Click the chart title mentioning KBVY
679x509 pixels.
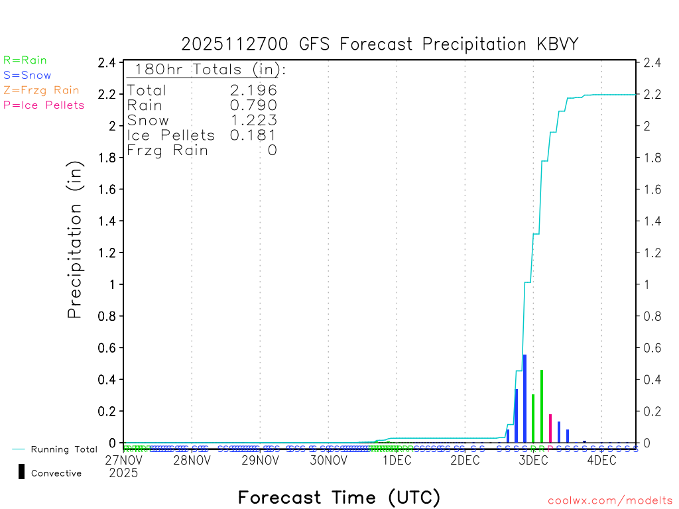coord(380,44)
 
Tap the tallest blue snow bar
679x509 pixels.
coord(525,398)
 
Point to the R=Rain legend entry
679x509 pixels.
coord(25,60)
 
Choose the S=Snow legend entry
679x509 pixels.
coord(27,76)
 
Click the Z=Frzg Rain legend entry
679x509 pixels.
coord(41,90)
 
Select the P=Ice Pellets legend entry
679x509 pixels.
coord(44,105)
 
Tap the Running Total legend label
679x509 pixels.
coord(64,449)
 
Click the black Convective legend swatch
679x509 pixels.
coord(21,472)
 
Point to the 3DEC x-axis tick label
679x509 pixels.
coord(533,460)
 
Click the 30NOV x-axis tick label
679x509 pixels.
coord(328,460)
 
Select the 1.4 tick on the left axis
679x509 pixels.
coord(108,221)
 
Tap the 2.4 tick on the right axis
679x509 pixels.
coord(649,62)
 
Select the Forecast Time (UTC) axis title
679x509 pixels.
coord(339,497)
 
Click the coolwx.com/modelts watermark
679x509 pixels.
coord(610,500)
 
